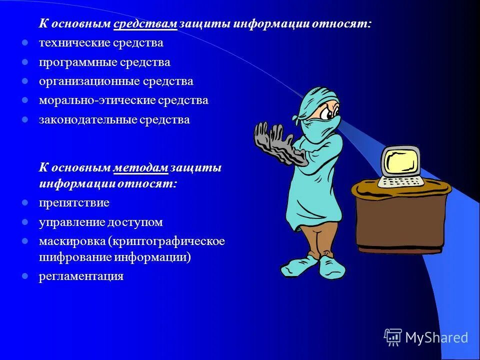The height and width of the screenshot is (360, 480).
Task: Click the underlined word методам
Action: tap(140, 168)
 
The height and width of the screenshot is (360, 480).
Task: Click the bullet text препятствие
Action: tap(74, 203)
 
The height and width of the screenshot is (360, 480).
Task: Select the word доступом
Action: tap(139, 222)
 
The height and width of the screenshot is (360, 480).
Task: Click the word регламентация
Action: tap(81, 276)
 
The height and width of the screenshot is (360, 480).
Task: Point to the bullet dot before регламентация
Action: tap(24, 275)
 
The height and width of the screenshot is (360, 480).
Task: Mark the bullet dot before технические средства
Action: tap(24, 42)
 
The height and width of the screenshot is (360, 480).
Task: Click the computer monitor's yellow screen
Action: tap(400, 160)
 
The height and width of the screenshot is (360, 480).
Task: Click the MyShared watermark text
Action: tap(436, 337)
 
